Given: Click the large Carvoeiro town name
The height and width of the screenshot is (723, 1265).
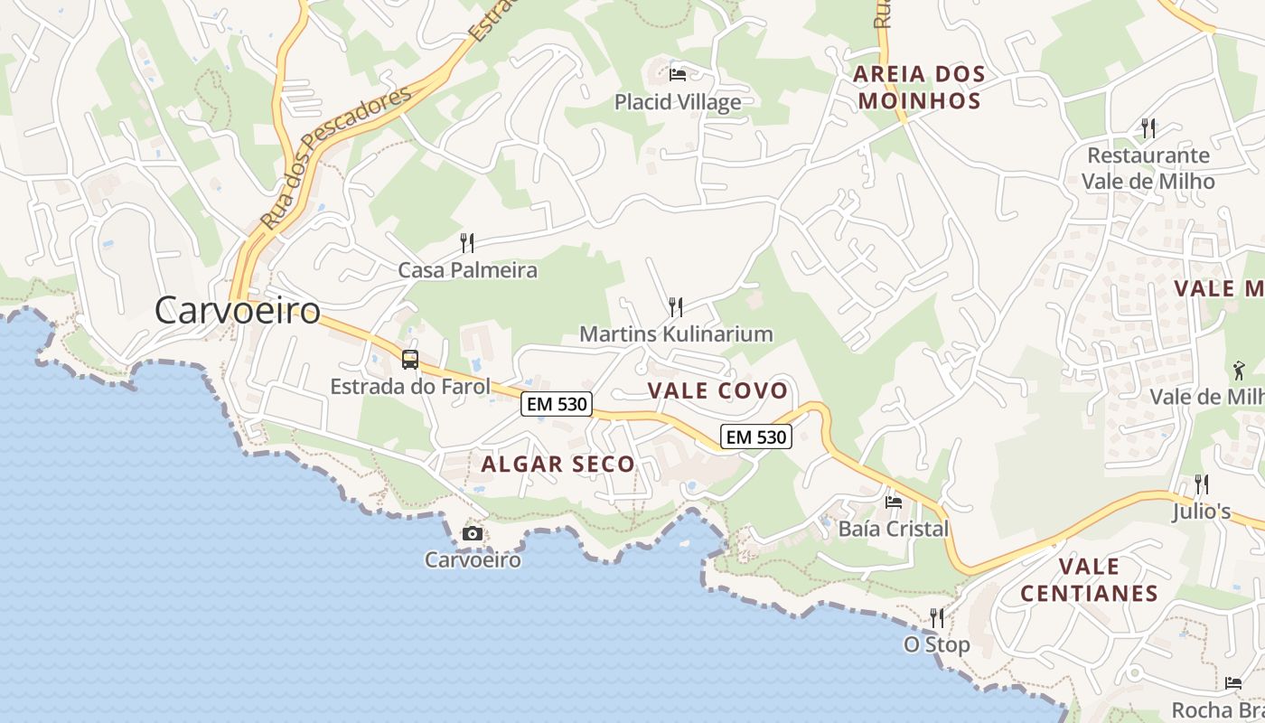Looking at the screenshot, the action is pyautogui.click(x=238, y=311).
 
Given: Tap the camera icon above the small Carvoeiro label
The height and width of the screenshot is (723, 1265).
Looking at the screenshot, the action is pyautogui.click(x=472, y=533).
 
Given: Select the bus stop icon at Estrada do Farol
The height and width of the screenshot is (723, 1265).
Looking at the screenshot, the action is pyautogui.click(x=410, y=360).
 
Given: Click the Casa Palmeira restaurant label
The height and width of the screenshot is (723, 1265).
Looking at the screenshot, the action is pyautogui.click(x=468, y=270).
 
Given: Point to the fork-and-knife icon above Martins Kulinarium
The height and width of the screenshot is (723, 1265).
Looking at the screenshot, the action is pyautogui.click(x=674, y=306).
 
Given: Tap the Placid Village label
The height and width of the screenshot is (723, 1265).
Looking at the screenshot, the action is pyautogui.click(x=678, y=102).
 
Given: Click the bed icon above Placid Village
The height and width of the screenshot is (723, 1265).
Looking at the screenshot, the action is pyautogui.click(x=678, y=74).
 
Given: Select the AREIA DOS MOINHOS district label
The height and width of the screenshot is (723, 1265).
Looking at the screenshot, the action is pyautogui.click(x=919, y=87).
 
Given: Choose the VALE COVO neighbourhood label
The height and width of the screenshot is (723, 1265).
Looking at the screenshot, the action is pyautogui.click(x=718, y=390).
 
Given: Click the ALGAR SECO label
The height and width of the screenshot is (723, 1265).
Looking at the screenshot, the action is pyautogui.click(x=558, y=465).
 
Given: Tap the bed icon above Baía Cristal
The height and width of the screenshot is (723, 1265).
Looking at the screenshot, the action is pyautogui.click(x=894, y=502).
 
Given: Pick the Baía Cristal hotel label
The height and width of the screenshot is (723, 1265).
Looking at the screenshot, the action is pyautogui.click(x=894, y=529).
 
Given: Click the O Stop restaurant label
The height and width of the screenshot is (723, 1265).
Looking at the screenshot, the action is pyautogui.click(x=937, y=644).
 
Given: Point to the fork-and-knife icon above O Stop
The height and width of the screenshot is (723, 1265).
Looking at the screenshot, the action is pyautogui.click(x=937, y=618).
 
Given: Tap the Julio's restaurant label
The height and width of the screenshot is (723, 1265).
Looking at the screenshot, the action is pyautogui.click(x=1202, y=512).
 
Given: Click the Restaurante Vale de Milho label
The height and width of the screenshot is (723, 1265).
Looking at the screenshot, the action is pyautogui.click(x=1148, y=168).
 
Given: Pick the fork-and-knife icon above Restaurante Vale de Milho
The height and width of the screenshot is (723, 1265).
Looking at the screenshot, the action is pyautogui.click(x=1148, y=128).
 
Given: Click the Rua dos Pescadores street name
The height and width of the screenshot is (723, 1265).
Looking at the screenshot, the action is pyautogui.click(x=336, y=158).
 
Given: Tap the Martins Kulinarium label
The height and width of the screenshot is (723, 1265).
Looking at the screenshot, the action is pyautogui.click(x=676, y=334).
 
